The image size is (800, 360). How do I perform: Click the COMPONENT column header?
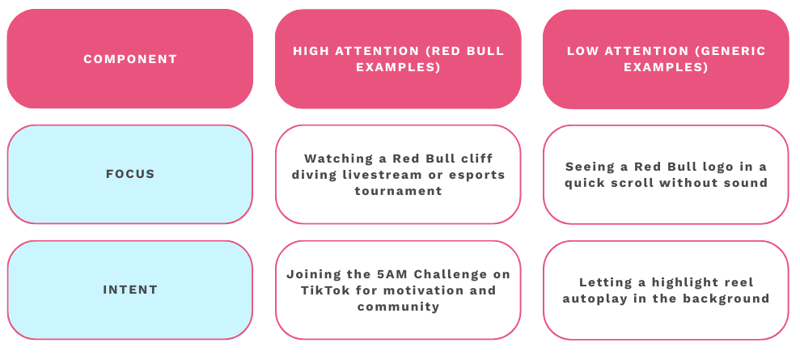[x=130, y=59]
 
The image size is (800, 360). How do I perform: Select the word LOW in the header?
[x=582, y=51]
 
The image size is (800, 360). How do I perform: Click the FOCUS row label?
[x=130, y=174]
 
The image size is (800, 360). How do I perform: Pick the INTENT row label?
[x=130, y=290]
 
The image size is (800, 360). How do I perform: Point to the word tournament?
[x=398, y=191]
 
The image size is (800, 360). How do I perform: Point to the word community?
[x=398, y=307]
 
